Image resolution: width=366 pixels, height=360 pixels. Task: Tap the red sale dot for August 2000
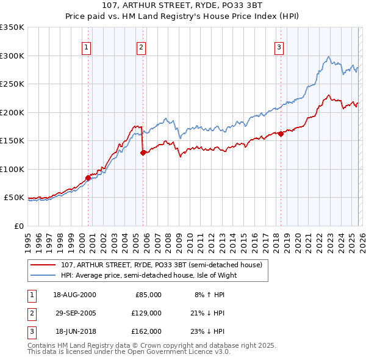(x=88, y=178)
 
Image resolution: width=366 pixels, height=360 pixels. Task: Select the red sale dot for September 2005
(x=143, y=153)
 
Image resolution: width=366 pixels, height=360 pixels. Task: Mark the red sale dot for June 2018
(x=281, y=134)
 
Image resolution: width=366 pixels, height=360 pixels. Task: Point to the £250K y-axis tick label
(x=12, y=84)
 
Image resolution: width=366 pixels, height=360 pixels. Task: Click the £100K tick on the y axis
(x=12, y=169)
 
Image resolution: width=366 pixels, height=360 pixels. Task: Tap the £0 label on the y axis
(x=18, y=226)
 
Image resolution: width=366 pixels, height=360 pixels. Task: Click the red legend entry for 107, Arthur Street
(x=161, y=265)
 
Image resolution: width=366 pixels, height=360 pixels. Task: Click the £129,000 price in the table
(x=148, y=313)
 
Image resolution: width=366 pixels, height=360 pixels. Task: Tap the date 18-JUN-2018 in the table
(x=74, y=331)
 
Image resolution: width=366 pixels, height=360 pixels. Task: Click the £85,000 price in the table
(x=149, y=295)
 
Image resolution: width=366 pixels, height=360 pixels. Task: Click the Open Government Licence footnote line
(x=129, y=352)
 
